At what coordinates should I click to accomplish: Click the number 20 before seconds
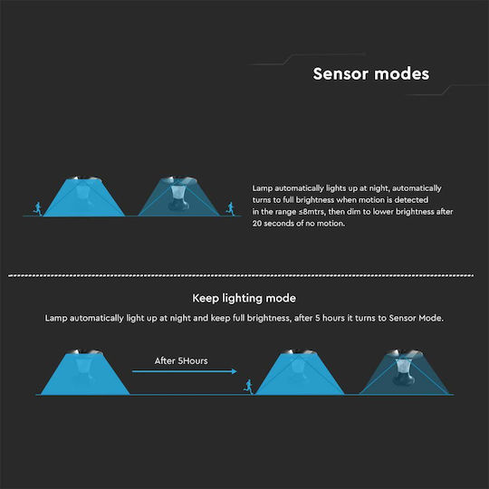click(x=257, y=224)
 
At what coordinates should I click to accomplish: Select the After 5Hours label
click(x=181, y=360)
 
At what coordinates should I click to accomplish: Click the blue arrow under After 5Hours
click(x=185, y=371)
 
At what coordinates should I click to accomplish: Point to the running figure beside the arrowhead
click(x=248, y=387)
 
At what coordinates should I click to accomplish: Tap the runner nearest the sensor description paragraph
click(x=231, y=208)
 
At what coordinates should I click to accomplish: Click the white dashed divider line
click(x=241, y=275)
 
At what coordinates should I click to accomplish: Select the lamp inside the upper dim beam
click(x=178, y=197)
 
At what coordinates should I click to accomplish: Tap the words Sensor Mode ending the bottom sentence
click(x=416, y=318)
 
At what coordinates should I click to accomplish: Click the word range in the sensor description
click(x=285, y=213)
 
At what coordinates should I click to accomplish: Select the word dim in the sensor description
click(x=353, y=212)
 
